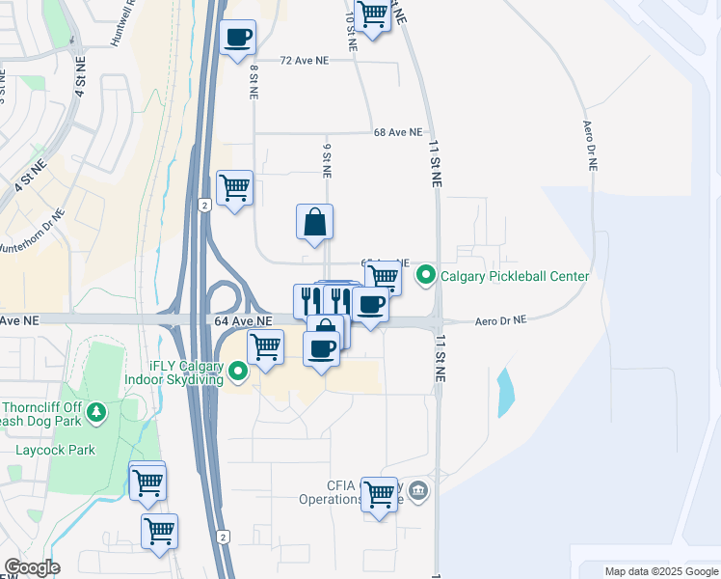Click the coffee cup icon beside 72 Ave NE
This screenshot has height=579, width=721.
pos(238,39)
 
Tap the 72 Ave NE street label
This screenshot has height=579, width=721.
pos(304,60)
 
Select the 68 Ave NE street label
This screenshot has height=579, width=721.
pos(398,132)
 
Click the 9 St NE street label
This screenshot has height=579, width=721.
pos(327,160)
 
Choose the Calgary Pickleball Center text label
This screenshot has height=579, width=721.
pos(515,277)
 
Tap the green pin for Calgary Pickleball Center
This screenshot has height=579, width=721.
pos(425,277)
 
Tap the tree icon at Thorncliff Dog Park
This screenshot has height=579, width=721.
pos(96,413)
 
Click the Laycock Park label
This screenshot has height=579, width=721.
pos(55,450)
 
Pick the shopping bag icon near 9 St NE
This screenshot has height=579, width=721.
pos(315,222)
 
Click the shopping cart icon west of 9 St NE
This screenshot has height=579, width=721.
pos(234,187)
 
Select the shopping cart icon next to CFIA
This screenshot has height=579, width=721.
pos(379,494)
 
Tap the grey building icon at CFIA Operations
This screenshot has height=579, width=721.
pos(417,492)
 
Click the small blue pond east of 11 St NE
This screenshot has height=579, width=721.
pos(505,391)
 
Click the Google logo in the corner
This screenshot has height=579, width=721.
pos(31,567)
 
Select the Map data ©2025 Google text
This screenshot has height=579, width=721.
pos(661,571)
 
